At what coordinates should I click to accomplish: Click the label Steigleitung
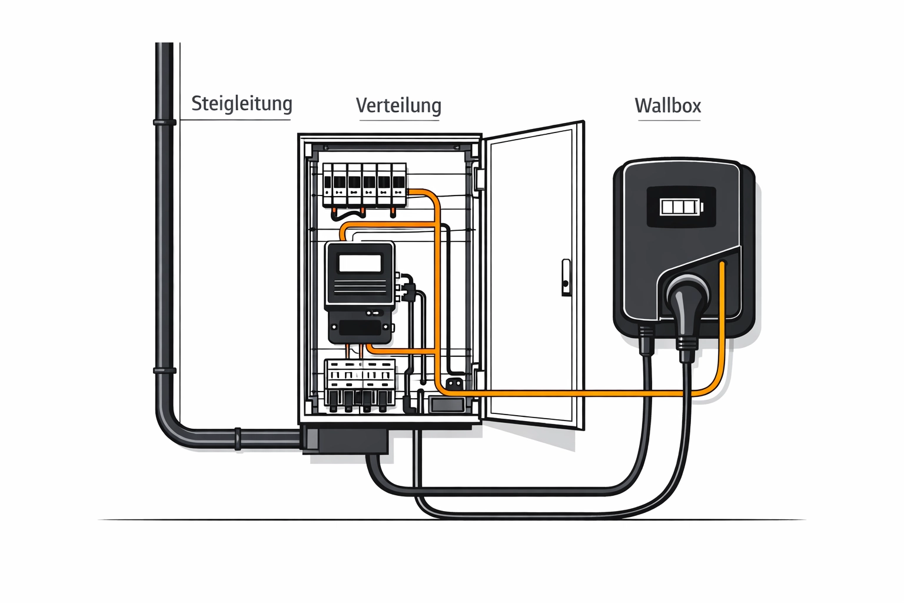(241, 104)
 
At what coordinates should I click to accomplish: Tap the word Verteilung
(398, 105)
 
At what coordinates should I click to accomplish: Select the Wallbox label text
(668, 106)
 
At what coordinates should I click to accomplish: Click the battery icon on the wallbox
(681, 207)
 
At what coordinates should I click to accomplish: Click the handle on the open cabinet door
(566, 277)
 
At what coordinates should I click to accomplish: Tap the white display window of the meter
(360, 263)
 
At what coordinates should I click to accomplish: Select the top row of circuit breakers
(364, 185)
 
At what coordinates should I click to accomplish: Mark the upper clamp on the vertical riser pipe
(165, 122)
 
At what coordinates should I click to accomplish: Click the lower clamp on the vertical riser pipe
(165, 370)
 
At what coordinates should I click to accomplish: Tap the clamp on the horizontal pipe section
(238, 439)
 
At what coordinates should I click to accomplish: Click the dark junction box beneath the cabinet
(346, 440)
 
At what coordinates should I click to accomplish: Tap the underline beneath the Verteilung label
(400, 120)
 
